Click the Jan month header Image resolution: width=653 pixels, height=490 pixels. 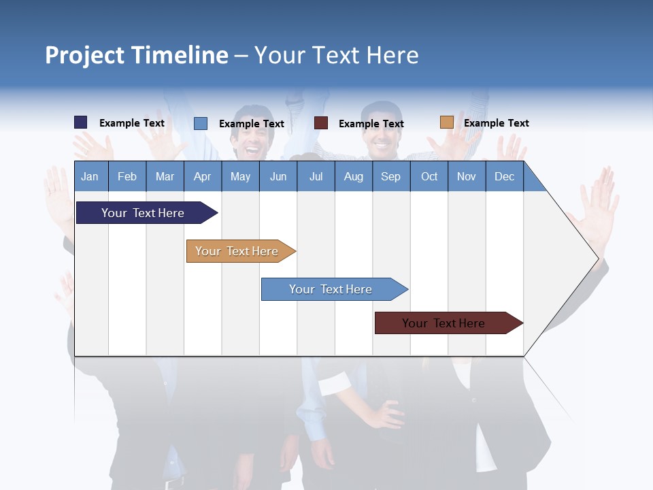pyautogui.click(x=90, y=176)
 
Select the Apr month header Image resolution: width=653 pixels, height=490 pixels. pyautogui.click(x=202, y=176)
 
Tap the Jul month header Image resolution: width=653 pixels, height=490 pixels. pyautogui.click(x=316, y=176)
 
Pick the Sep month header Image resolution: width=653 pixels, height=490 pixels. pyautogui.click(x=390, y=176)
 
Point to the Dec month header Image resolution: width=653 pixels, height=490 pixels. pyautogui.click(x=504, y=176)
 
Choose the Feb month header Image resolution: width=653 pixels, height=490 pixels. pyautogui.click(x=127, y=176)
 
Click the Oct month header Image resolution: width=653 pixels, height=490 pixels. pyautogui.click(x=429, y=176)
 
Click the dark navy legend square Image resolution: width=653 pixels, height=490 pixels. pyautogui.click(x=80, y=122)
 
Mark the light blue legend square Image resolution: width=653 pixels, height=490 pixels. pyautogui.click(x=201, y=123)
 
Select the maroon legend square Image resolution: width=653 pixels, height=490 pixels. pyautogui.click(x=321, y=122)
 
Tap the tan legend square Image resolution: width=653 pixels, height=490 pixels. pyautogui.click(x=446, y=122)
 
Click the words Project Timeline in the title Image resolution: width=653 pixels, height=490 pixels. pyautogui.click(x=136, y=55)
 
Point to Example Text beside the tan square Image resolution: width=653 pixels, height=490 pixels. pyautogui.click(x=496, y=123)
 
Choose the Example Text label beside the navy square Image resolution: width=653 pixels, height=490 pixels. pyautogui.click(x=131, y=123)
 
